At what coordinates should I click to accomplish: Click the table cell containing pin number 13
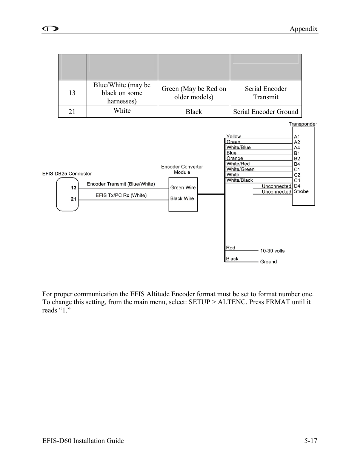tap(72, 93)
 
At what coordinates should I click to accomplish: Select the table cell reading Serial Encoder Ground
tap(266, 112)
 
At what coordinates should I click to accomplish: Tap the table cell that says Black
tap(194, 112)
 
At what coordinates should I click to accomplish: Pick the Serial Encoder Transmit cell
tap(266, 93)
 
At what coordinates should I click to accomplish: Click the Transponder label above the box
tap(303, 124)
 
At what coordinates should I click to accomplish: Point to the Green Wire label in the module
tap(183, 188)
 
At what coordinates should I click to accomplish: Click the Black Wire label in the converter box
tap(182, 198)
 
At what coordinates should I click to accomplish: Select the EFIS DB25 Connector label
tap(67, 174)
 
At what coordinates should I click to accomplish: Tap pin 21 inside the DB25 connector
tap(74, 199)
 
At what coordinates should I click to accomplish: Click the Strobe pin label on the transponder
tap(301, 192)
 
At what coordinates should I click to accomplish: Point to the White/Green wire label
tap(240, 169)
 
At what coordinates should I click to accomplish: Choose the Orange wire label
tap(235, 158)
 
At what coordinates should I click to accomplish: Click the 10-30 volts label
tap(272, 251)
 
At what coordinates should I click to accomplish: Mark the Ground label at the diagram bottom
tap(268, 261)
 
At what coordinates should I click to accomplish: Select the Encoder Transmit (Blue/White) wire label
tap(121, 184)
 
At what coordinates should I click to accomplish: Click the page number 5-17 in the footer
tap(311, 441)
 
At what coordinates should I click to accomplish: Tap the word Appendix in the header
tap(303, 29)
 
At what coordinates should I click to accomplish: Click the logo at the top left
tap(50, 29)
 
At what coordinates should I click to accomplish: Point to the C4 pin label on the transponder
tap(297, 180)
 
